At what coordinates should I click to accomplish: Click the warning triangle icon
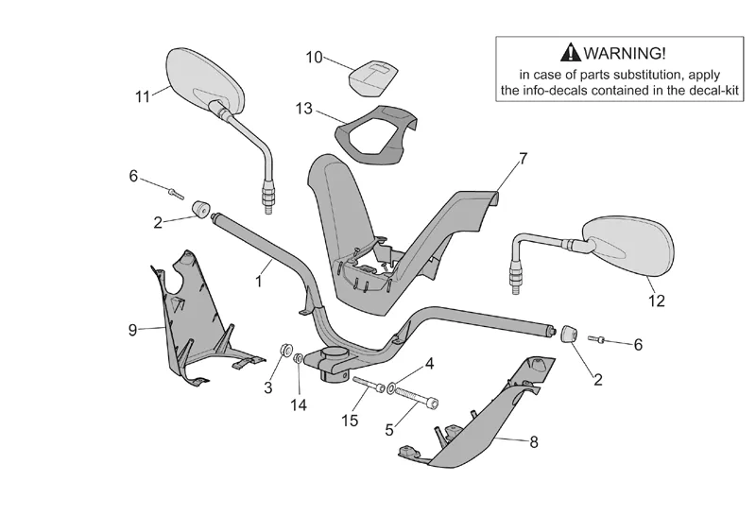tap(570, 54)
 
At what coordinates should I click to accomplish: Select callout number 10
tap(314, 57)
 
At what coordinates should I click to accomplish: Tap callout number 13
tap(303, 109)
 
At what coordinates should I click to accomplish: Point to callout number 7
tap(523, 158)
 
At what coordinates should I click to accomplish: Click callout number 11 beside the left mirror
tap(143, 95)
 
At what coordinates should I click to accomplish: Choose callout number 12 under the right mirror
tap(656, 301)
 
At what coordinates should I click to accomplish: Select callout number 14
tap(300, 404)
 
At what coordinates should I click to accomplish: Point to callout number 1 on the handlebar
tap(257, 282)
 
